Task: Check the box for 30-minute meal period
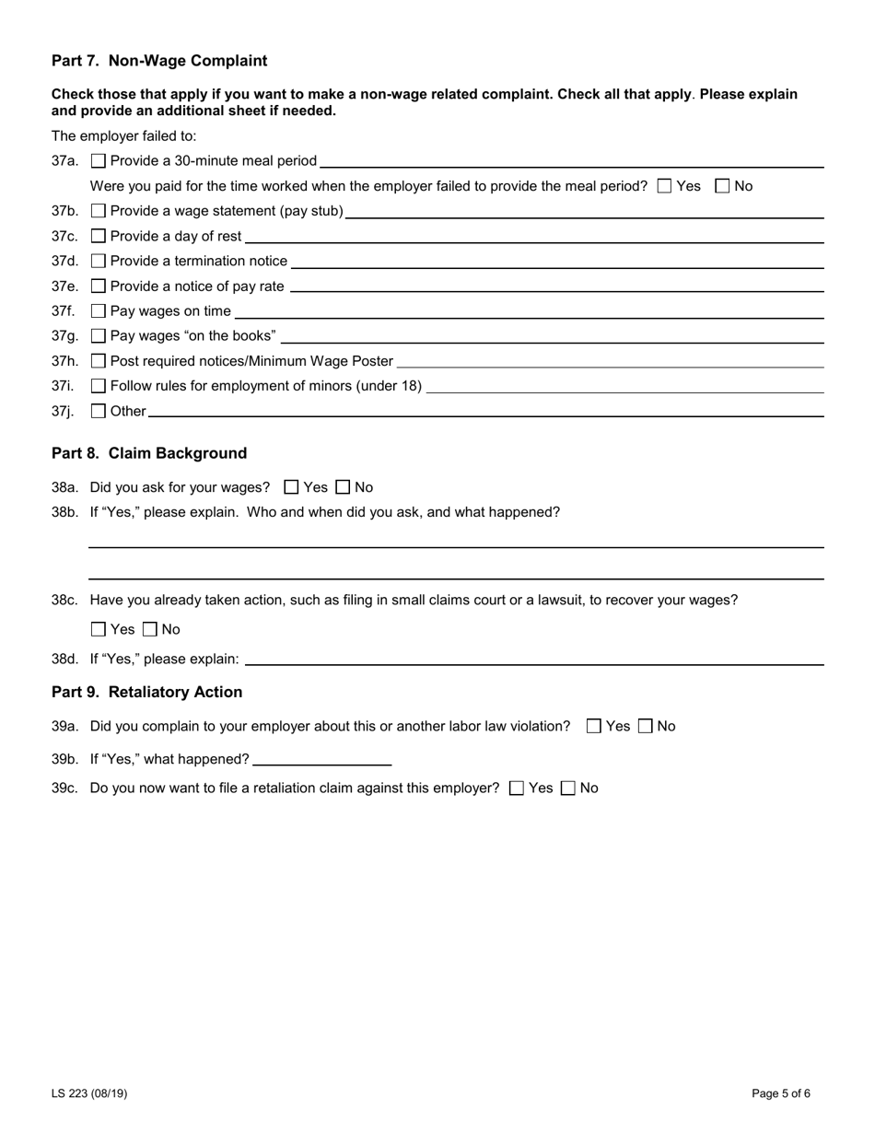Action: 99,161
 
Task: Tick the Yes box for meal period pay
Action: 665,186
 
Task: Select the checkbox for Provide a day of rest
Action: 99,236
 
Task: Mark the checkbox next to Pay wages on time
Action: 99,311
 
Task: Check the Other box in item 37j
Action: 99,412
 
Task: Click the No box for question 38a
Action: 344,487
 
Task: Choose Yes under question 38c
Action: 99,630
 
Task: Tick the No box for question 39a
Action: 646,727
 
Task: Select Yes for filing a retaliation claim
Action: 517,788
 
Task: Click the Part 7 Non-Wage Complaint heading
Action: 159,61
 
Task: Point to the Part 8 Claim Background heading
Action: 149,453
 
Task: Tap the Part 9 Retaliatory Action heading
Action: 147,692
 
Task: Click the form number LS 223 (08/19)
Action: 89,1093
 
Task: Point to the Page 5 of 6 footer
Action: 780,1093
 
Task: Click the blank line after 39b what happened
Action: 321,760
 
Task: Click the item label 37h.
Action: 64,361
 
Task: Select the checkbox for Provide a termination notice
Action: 99,262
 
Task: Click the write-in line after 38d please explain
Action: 534,660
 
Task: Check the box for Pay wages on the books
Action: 99,336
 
